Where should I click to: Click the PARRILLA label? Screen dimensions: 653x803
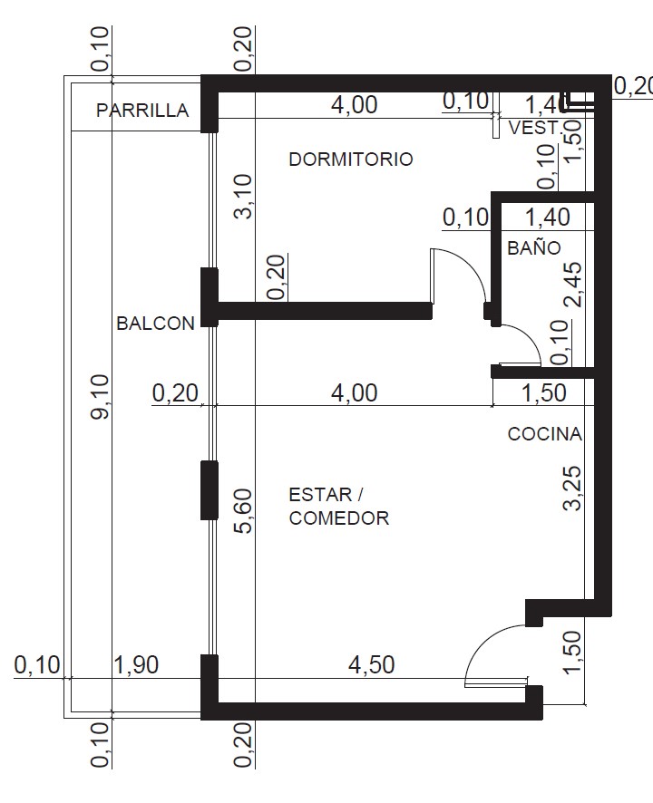click(x=142, y=110)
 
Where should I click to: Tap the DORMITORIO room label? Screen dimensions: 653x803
click(x=351, y=160)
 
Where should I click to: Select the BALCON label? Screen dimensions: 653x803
click(x=155, y=324)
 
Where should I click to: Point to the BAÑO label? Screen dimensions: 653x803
click(x=534, y=247)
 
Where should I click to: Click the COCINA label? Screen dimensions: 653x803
click(x=545, y=434)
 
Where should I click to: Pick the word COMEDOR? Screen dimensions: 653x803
click(x=339, y=518)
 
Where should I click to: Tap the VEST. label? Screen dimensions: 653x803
click(x=533, y=128)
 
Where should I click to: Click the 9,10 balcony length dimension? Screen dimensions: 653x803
click(x=100, y=397)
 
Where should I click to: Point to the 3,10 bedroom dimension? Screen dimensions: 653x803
click(x=244, y=197)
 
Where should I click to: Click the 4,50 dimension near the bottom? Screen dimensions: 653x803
click(x=372, y=664)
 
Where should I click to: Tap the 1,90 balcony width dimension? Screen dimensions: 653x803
click(x=136, y=664)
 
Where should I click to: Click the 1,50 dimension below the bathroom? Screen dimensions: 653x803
click(x=544, y=392)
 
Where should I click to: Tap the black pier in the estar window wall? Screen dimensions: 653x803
click(x=210, y=490)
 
